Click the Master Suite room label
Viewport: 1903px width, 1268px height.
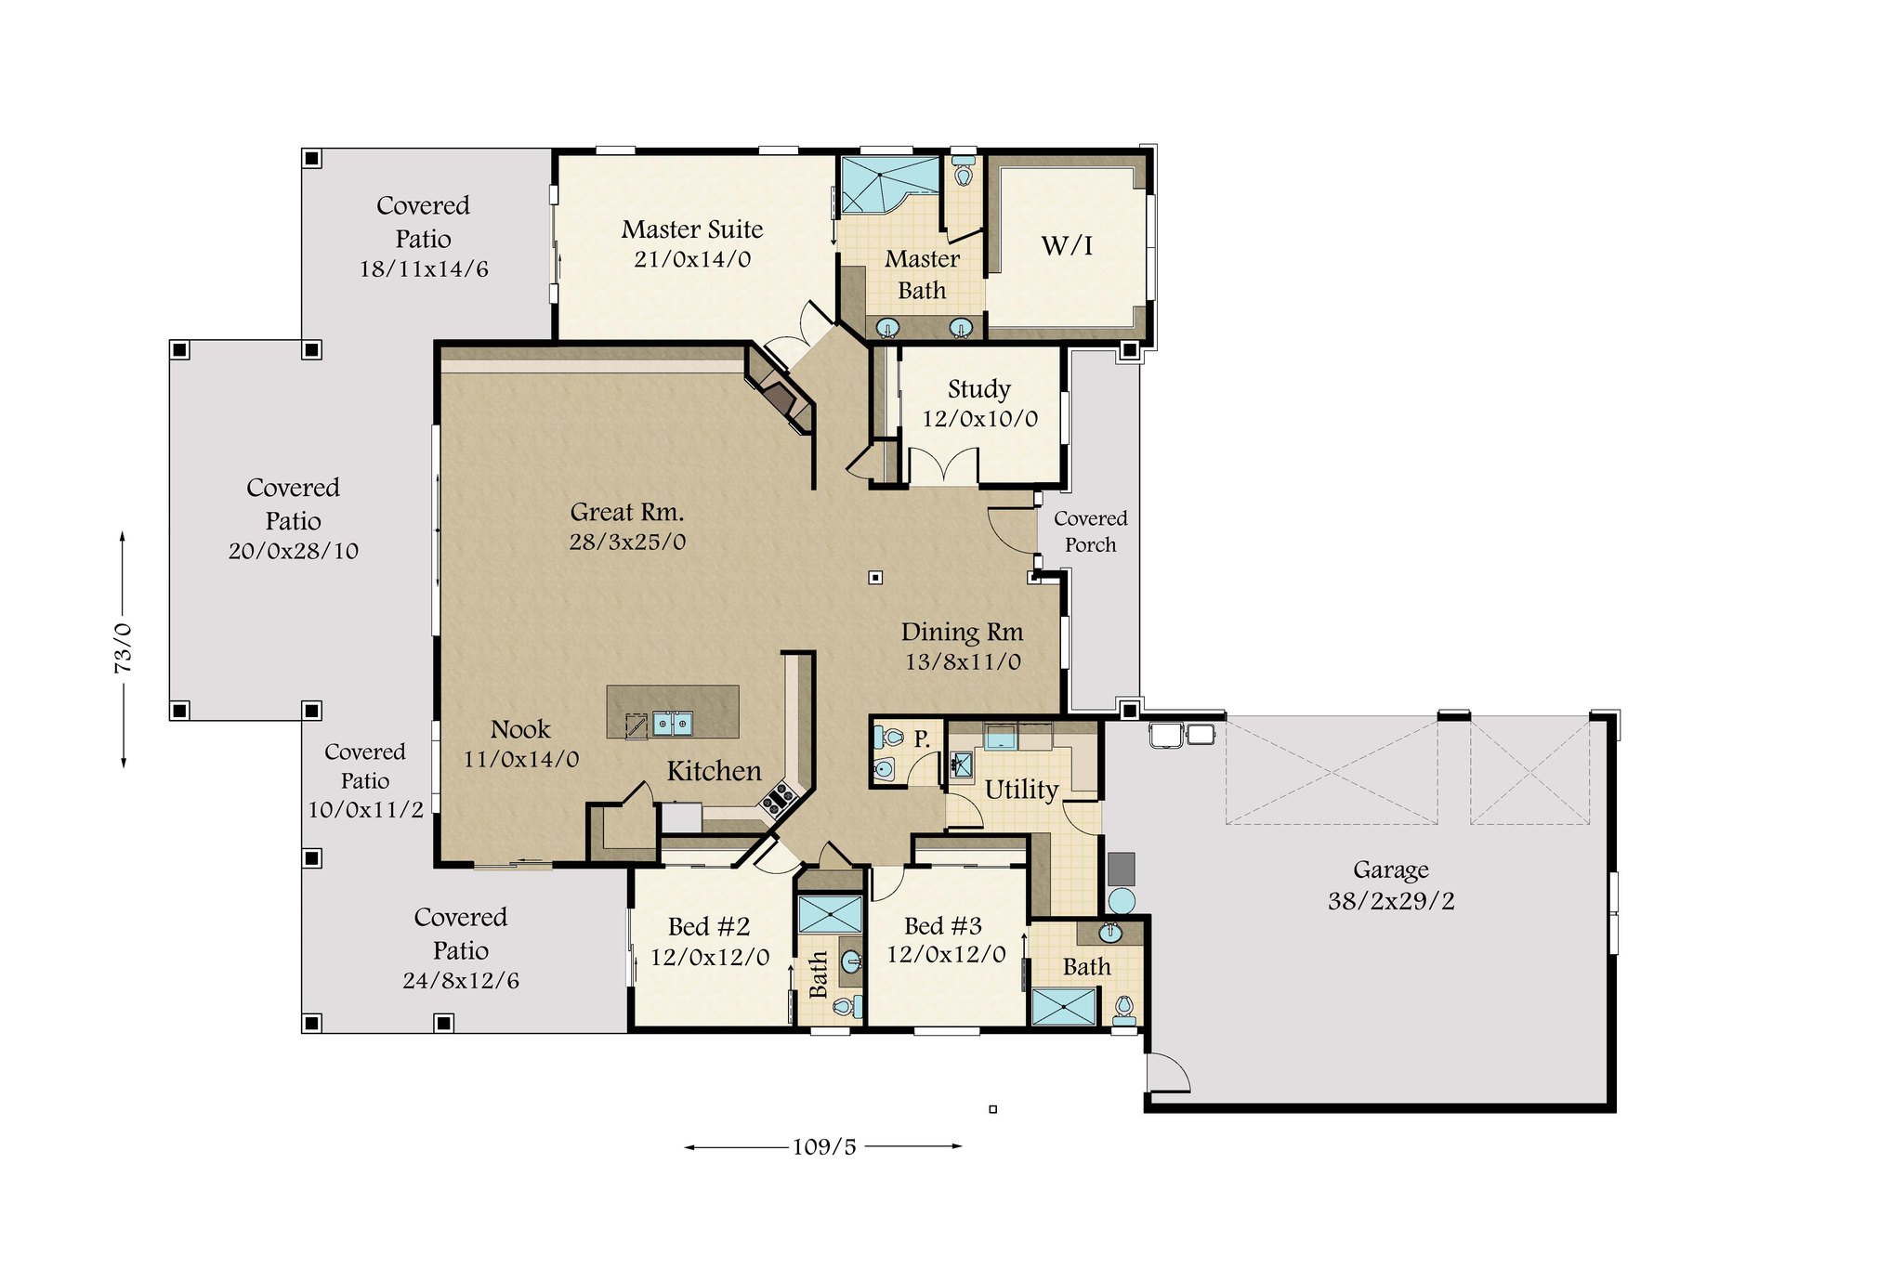[x=692, y=229]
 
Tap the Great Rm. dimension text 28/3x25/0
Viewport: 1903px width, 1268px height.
[x=627, y=542]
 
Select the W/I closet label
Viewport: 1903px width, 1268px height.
[x=1067, y=245]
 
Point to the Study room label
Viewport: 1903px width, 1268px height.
[x=979, y=389]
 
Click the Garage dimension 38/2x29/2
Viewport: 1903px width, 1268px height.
[x=1391, y=900]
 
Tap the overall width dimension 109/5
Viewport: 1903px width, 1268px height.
[x=824, y=1146]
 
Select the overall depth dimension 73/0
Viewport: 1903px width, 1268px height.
[x=123, y=648]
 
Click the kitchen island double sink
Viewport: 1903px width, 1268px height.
[x=672, y=724]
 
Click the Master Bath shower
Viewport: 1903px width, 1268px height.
[x=889, y=185]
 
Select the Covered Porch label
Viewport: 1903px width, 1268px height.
[x=1091, y=531]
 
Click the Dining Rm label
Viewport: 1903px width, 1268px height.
[x=962, y=633]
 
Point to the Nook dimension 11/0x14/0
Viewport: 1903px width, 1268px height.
[x=521, y=759]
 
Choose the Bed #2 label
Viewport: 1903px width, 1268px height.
[x=709, y=926]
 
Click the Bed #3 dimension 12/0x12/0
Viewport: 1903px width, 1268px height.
[x=946, y=954]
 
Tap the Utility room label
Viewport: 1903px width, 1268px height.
[x=1021, y=790]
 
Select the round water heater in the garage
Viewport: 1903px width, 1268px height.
[x=1122, y=900]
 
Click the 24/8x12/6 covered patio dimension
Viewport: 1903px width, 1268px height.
[x=461, y=980]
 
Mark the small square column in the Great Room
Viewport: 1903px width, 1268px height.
[x=874, y=578]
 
